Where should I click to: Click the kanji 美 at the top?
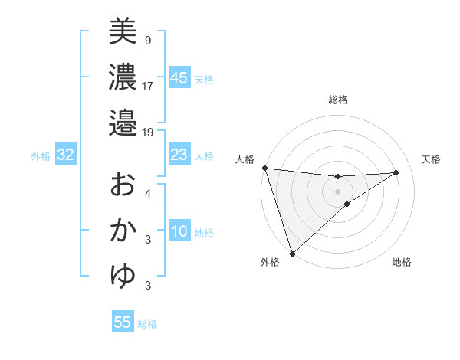[x=122, y=31]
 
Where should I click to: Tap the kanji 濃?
[x=122, y=77]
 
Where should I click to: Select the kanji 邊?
[x=122, y=123]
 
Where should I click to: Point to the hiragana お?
[x=122, y=185]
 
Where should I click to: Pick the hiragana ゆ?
[x=122, y=277]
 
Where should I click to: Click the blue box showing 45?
[x=179, y=78]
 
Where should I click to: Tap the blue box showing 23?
[x=179, y=155]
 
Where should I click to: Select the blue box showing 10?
[x=179, y=232]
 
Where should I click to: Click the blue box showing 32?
[x=65, y=155]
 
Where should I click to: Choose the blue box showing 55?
[x=123, y=322]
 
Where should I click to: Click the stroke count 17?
[x=148, y=85]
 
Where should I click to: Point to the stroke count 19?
[x=148, y=132]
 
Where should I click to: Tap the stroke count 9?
[x=147, y=39]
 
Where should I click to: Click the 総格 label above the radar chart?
[x=338, y=100]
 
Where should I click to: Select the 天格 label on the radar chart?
[x=432, y=159]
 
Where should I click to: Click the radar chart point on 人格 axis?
[x=264, y=168]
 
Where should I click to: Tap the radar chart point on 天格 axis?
[x=396, y=172]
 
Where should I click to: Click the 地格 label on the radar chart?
[x=402, y=263]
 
